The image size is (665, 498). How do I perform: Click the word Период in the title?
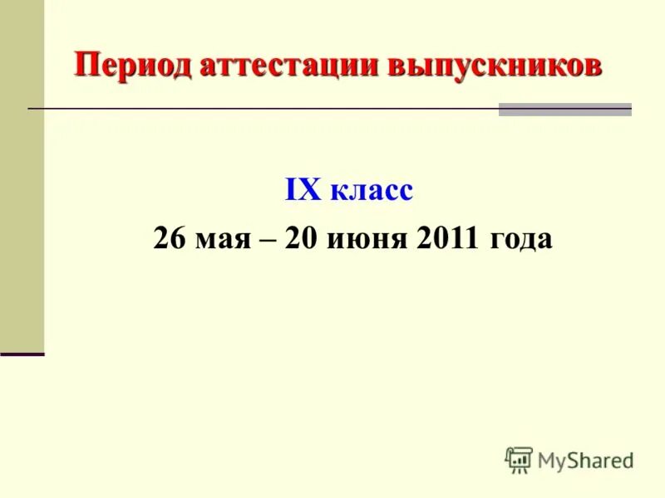133,66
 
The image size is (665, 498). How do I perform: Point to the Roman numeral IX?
303,191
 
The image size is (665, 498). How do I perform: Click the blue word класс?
371,192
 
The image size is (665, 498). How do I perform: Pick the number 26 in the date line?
170,239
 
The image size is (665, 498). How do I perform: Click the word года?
521,240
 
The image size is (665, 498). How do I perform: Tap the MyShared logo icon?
519,460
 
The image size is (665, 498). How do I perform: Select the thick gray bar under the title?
564,110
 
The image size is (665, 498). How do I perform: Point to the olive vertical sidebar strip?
22,174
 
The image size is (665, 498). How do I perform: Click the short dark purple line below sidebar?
22,354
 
